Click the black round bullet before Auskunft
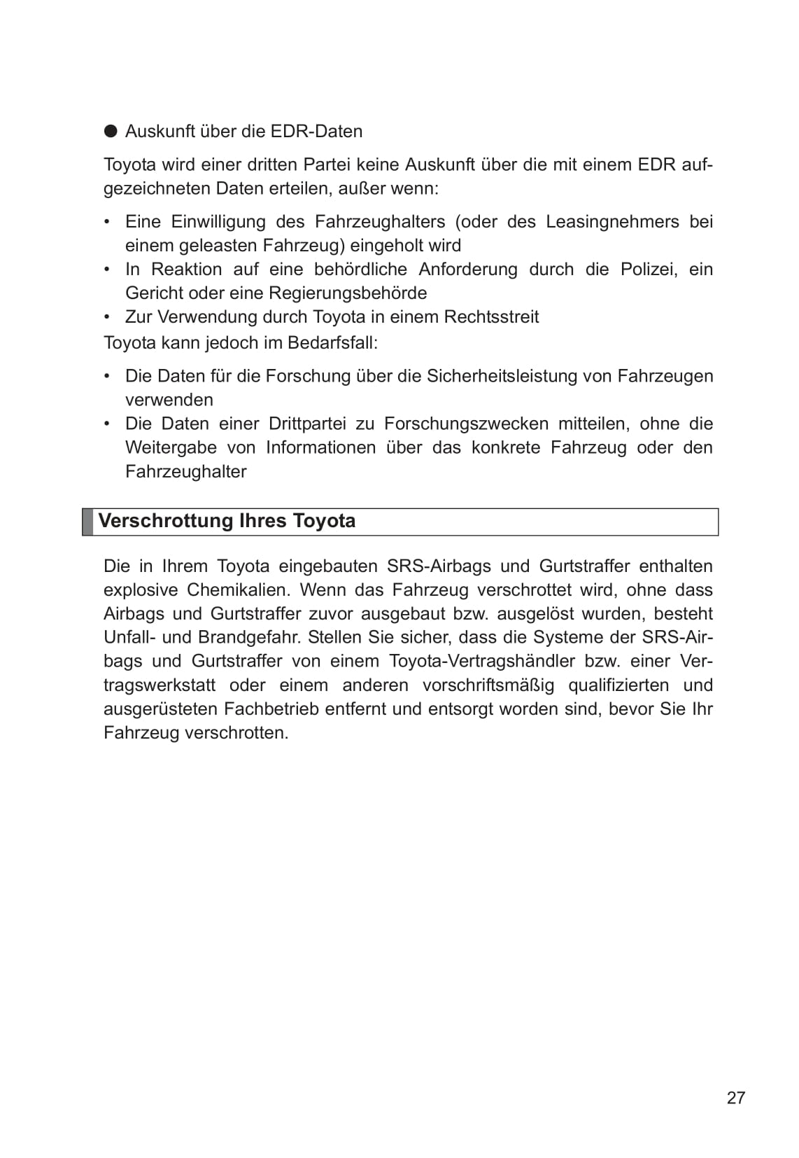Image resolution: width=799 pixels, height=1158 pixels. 111,131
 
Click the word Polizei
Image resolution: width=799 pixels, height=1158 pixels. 649,270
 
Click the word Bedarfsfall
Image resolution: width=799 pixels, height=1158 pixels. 334,344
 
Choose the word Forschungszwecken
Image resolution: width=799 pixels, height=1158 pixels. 466,424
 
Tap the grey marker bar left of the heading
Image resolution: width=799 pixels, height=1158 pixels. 87,522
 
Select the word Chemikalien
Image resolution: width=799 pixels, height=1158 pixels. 238,590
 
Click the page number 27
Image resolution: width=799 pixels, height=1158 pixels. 736,1098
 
